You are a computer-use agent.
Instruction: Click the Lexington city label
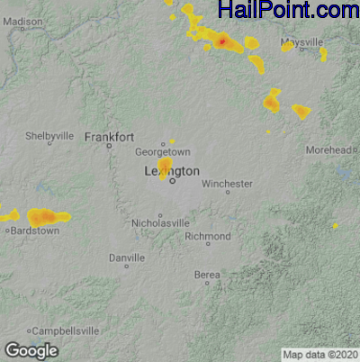[172, 170]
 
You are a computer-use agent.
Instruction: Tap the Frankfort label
[109, 137]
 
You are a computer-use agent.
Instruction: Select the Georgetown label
[169, 152]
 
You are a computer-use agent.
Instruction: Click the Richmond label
[208, 236]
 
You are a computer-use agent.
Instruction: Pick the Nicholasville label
[161, 222]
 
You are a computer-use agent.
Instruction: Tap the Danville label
[126, 258]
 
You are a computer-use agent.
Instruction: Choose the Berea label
[207, 274]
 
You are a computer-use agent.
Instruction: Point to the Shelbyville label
[49, 135]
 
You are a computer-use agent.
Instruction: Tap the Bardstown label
[34, 231]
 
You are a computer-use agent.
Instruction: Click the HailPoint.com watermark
[288, 11]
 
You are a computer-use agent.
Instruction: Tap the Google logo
[31, 349]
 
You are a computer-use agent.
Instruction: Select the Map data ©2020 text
[319, 354]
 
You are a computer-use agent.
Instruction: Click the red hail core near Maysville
[221, 41]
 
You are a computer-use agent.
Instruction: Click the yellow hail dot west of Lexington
[165, 168]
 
